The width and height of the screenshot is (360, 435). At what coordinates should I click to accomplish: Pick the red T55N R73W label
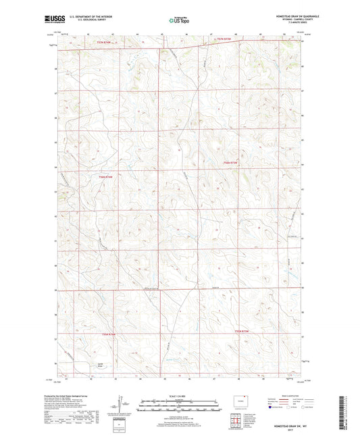(241, 331)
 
